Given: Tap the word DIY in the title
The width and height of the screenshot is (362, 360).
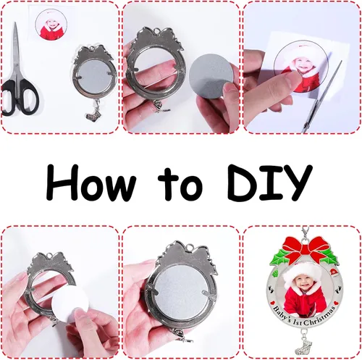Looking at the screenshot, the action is [269, 183].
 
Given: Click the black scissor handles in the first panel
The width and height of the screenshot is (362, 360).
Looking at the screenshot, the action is [20, 97].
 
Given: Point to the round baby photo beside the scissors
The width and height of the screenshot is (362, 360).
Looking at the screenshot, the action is [51, 24].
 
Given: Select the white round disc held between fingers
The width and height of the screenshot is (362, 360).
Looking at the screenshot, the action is [70, 306].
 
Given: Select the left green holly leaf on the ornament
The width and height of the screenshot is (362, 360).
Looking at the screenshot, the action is [280, 256].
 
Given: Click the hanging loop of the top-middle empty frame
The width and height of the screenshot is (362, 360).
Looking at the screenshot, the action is [157, 30].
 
